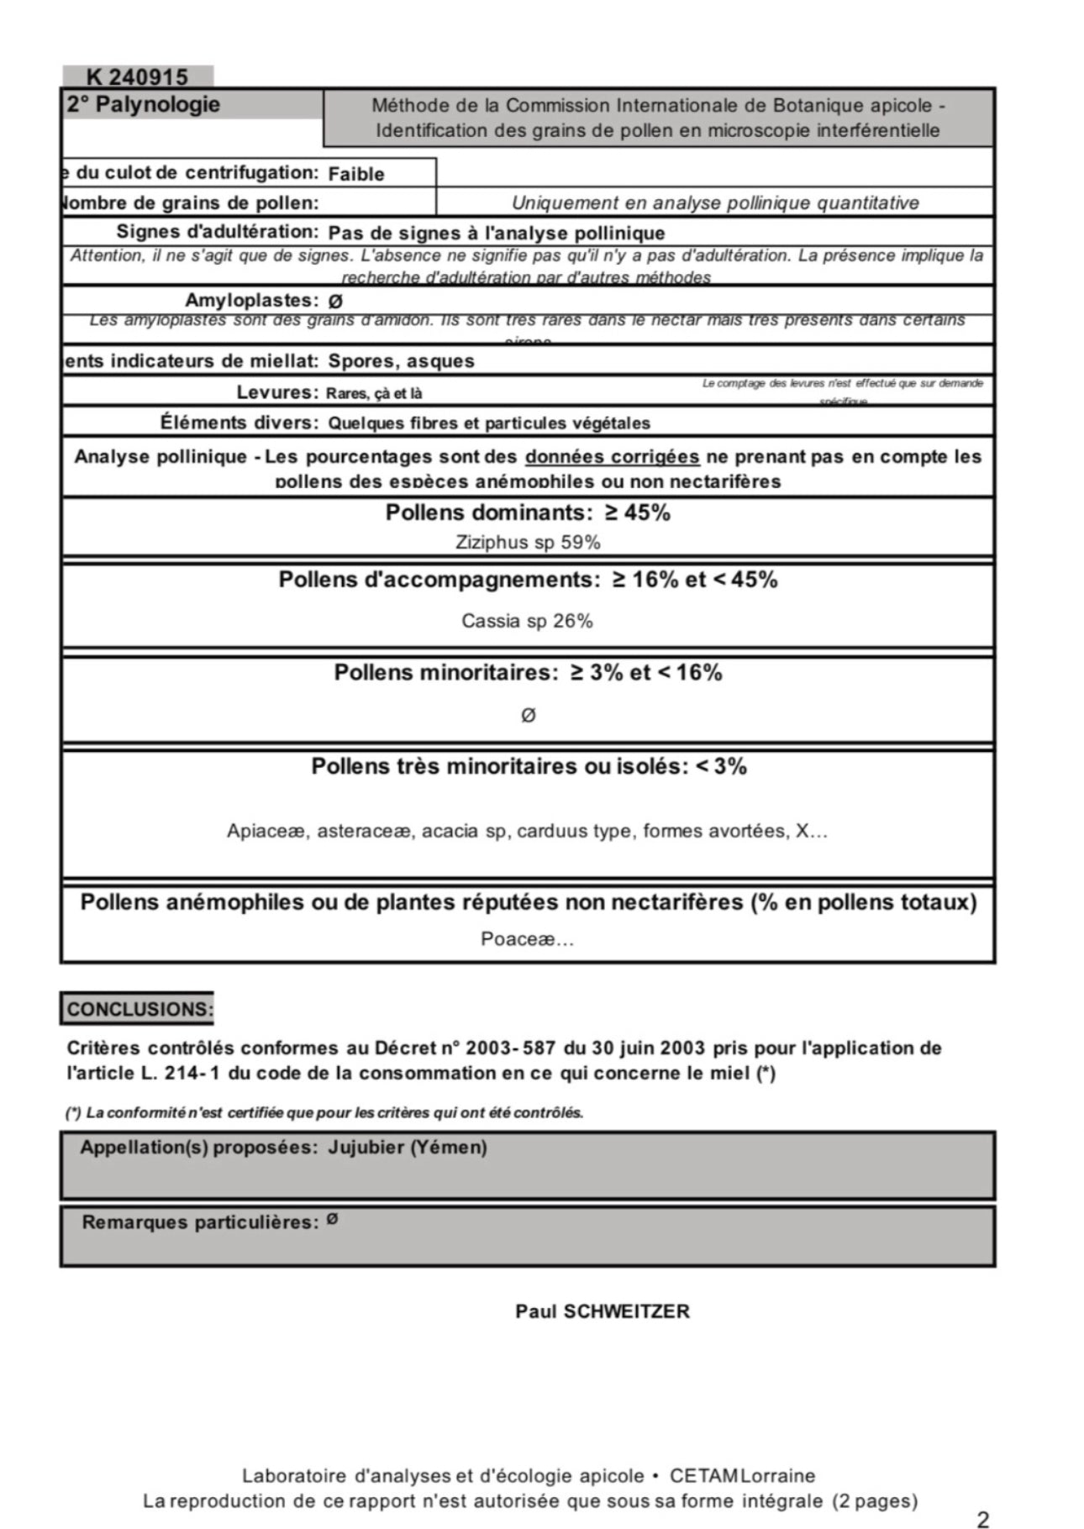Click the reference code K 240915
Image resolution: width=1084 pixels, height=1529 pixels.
[x=137, y=77]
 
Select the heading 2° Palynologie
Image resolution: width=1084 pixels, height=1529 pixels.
[x=143, y=105]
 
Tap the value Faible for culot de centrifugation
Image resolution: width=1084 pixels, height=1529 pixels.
[x=356, y=174]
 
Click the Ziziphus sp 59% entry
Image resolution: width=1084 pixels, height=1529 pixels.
[x=528, y=543]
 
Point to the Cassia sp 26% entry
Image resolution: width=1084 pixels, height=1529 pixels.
[x=527, y=621]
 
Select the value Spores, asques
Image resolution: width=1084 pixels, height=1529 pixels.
[x=401, y=361]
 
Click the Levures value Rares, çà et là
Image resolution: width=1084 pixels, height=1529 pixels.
[x=374, y=393]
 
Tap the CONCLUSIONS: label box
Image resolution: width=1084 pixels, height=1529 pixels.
[x=139, y=1009]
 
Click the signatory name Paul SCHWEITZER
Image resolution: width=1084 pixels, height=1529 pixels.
[x=603, y=1311]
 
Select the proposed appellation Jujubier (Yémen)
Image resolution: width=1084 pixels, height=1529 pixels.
[x=408, y=1148]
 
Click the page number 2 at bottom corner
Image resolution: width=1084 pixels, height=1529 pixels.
[x=982, y=1518]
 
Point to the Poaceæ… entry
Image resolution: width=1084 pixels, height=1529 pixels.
[x=527, y=939]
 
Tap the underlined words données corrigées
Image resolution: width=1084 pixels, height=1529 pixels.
[x=612, y=457]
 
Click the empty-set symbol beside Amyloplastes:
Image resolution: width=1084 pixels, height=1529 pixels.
[x=335, y=301]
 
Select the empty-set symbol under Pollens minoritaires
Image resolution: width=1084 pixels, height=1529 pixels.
[x=528, y=715]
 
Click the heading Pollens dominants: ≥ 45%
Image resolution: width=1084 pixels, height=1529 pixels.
[x=528, y=512]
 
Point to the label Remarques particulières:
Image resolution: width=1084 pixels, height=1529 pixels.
[x=200, y=1222]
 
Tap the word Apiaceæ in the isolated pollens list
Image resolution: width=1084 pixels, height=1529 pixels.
[x=266, y=832]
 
